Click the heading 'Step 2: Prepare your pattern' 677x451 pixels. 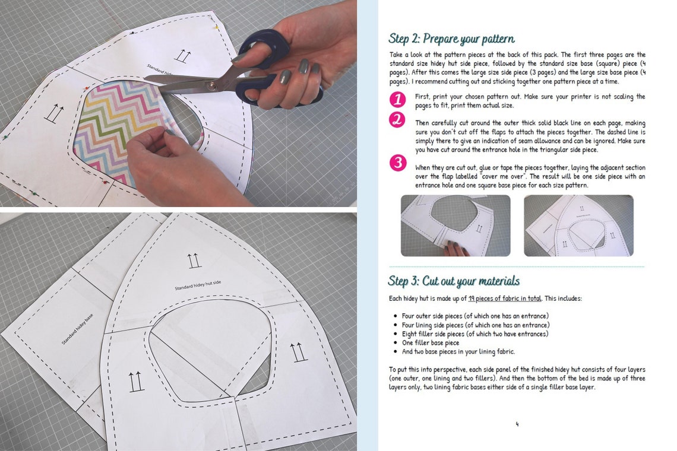tap(451, 39)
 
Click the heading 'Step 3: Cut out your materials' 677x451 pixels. tap(454, 281)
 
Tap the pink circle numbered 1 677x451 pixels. tap(397, 99)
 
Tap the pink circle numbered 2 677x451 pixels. tap(397, 120)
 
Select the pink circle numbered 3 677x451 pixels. tap(397, 162)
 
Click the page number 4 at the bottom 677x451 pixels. tap(517, 424)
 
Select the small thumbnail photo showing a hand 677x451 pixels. tap(455, 225)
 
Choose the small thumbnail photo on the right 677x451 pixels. tap(578, 225)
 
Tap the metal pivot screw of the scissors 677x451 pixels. tap(210, 85)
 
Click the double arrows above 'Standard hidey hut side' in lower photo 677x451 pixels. tap(194, 260)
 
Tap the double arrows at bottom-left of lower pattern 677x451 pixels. tap(137, 380)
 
